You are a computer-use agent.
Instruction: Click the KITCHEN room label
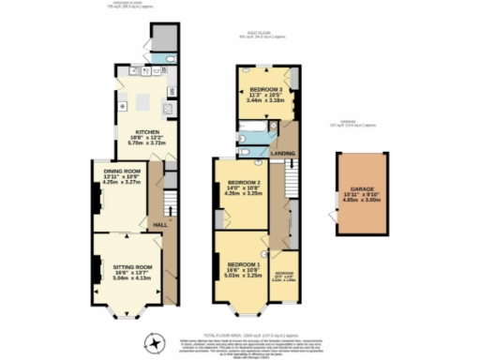147,132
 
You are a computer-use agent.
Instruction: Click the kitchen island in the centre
144,101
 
